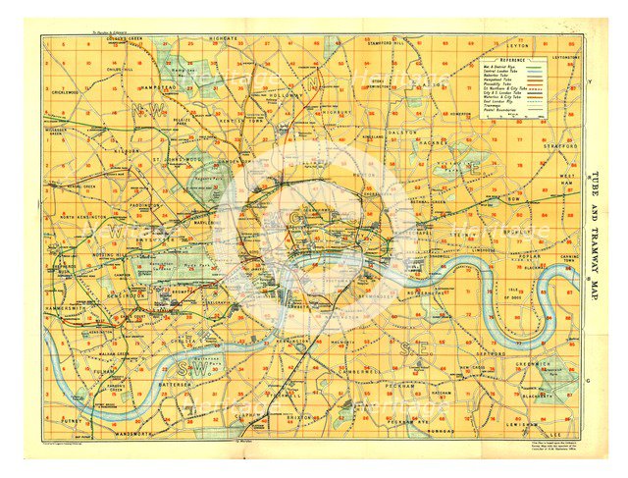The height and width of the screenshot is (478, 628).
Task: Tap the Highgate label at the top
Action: (224, 38)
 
